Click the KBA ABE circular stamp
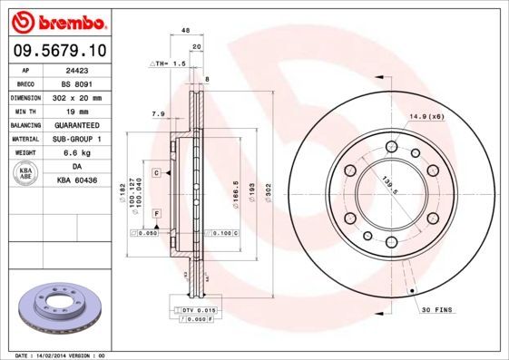(25, 173)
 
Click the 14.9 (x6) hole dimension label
(425, 117)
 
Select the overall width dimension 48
(185, 31)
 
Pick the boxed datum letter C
(156, 172)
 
